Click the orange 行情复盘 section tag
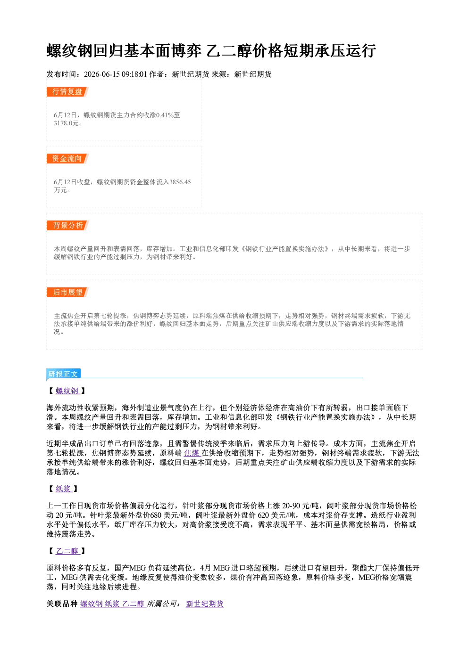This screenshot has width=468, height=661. pos(67,91)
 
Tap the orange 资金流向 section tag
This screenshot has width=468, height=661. pos(67,158)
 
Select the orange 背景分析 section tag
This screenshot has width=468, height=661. pos(67,226)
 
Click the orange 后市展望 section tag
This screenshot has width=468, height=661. pos(67,293)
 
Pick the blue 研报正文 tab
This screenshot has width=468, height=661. pos(63,374)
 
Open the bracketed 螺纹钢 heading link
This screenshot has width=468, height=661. pos(67,391)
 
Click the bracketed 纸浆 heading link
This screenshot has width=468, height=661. pos(64,489)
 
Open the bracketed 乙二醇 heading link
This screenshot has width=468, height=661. pos(67,551)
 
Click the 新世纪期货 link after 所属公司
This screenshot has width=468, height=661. pos(205,604)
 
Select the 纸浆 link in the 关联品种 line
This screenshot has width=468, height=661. pos(113,604)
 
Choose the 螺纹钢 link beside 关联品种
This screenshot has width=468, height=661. pos(92,604)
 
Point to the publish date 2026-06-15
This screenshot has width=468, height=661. pos(101,74)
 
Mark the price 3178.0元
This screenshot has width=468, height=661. pos(67,123)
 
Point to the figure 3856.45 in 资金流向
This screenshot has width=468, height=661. pos(180,182)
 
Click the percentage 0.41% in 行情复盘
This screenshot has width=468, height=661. pos(165,115)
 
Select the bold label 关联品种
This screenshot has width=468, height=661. pos(62,604)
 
